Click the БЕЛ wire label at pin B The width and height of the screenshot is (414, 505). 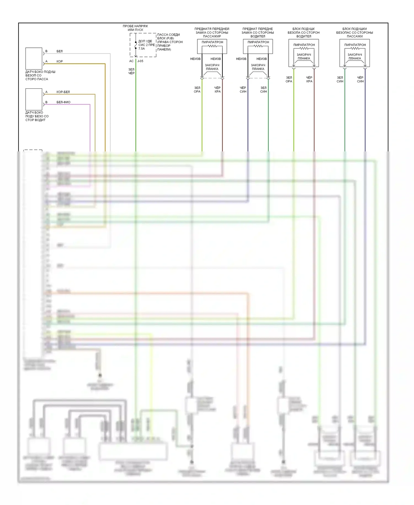point(60,51)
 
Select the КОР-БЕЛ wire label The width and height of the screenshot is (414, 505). point(63,92)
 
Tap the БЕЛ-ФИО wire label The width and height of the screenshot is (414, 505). point(63,102)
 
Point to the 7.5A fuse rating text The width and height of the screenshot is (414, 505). point(142,49)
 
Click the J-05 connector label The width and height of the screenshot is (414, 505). point(140,61)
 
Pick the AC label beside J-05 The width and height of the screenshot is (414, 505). point(131,61)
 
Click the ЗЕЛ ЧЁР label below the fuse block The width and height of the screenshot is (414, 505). point(131,71)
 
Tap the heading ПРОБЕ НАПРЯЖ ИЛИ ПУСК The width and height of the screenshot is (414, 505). point(135,28)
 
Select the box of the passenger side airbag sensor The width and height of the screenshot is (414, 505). point(34,59)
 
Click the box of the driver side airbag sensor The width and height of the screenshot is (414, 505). point(34,99)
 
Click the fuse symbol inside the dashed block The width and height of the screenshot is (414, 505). point(136,45)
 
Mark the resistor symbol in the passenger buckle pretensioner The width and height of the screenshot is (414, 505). point(212,46)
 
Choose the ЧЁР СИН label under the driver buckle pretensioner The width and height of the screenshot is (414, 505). point(243,90)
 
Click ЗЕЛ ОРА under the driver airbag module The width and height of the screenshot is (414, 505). point(289,80)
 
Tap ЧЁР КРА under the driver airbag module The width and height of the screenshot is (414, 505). point(309,80)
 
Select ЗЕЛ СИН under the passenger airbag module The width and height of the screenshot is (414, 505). point(340,80)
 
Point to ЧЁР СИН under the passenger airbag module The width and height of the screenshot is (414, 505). point(360,80)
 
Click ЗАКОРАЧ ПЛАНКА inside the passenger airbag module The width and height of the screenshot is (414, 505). point(355,57)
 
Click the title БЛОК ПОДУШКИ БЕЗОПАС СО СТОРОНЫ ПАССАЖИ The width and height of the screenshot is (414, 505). point(354,33)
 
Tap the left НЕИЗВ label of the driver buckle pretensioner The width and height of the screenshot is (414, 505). point(241,59)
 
